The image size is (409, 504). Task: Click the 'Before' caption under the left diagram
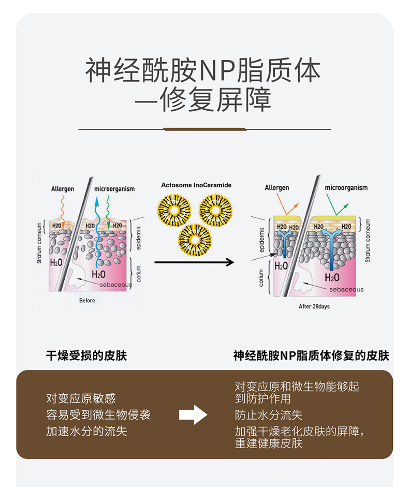87,300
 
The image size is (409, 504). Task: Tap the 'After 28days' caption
314,306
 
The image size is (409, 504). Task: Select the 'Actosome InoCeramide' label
196,185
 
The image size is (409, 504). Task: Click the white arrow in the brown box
193,414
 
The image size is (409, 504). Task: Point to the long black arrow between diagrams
194,262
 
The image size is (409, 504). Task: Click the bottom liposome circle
195,240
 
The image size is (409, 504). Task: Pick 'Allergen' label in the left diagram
62,189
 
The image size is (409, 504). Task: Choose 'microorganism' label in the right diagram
346,188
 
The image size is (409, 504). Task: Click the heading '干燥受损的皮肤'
86,355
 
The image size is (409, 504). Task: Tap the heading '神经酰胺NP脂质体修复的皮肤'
311,355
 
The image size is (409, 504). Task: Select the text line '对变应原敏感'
81,398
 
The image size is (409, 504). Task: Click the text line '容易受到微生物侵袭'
98,414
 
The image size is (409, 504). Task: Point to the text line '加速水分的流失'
86,431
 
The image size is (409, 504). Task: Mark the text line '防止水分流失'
269,414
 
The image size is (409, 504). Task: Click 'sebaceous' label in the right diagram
346,289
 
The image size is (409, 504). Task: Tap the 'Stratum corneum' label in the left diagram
39,243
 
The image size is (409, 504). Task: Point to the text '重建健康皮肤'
269,443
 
